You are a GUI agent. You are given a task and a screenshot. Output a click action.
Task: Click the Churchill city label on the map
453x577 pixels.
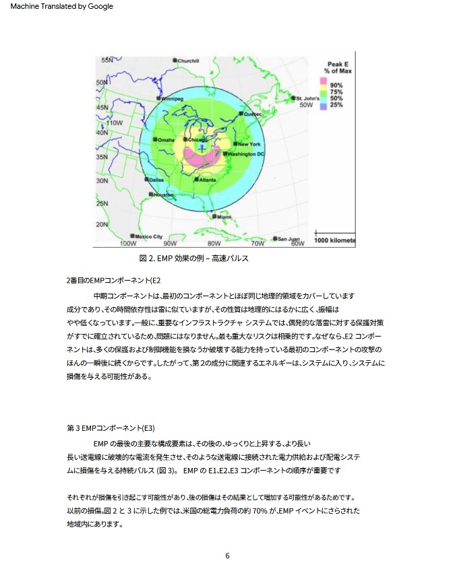188,61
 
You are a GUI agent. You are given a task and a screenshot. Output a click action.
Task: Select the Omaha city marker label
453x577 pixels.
165,139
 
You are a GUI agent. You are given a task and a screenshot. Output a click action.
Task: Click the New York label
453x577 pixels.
249,144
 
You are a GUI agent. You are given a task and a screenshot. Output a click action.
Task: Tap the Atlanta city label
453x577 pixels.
207,180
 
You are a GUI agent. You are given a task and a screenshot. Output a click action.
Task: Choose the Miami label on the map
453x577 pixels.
224,217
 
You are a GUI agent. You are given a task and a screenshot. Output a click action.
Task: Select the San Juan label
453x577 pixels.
288,238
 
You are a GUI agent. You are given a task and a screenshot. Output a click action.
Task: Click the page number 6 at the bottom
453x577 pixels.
227,556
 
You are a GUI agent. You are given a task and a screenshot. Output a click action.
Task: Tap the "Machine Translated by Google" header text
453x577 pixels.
62,7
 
